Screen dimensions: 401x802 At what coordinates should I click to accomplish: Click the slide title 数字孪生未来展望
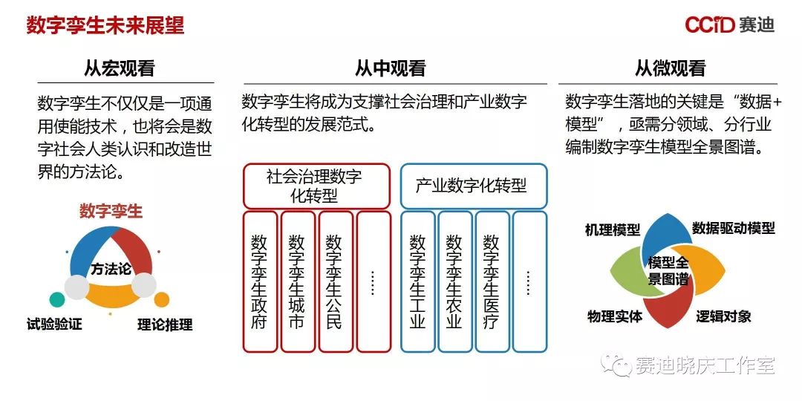[x=105, y=26]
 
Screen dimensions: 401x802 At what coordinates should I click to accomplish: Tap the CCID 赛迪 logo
[x=729, y=25]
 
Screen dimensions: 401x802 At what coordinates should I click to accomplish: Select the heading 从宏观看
[x=119, y=69]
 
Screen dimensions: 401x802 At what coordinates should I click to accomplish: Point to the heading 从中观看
[x=391, y=69]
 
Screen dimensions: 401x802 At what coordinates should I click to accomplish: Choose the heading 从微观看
[x=670, y=69]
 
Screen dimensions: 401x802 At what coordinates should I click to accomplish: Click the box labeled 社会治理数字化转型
[x=316, y=186]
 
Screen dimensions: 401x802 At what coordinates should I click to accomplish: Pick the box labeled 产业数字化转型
[x=473, y=186]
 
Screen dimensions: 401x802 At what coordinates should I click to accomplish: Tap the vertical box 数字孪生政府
[x=260, y=281]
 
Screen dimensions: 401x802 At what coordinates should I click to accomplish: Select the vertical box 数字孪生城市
[x=297, y=281]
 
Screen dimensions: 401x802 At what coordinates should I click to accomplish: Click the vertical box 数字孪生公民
[x=335, y=281]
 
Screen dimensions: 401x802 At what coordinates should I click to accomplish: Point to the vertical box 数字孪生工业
[x=417, y=281]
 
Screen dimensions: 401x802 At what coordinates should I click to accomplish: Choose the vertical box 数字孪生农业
[x=454, y=281]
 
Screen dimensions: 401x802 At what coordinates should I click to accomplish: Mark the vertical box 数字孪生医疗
[x=492, y=281]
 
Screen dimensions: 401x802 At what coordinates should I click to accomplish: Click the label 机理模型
[x=613, y=229]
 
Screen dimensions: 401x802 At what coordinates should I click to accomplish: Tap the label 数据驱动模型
[x=734, y=228]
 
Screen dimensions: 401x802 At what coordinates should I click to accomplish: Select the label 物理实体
[x=614, y=316]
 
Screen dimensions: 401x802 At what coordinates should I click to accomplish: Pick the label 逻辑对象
[x=724, y=316]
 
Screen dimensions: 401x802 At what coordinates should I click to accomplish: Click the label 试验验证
[x=54, y=324]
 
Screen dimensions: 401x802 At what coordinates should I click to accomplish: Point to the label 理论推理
[x=165, y=325]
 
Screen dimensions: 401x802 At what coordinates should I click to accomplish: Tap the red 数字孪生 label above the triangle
[x=111, y=211]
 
